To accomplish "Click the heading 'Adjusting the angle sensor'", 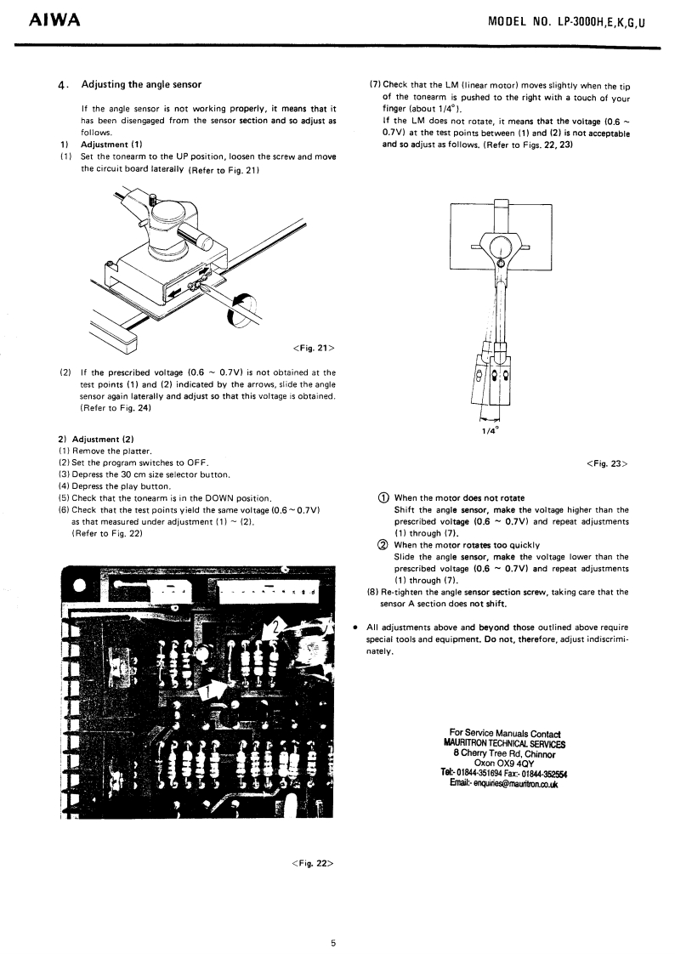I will point(141,84).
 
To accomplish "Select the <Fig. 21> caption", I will point(313,347).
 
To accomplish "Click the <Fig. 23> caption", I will point(607,463).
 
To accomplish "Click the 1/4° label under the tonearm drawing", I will point(490,429).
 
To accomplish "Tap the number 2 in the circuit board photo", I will point(275,628).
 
